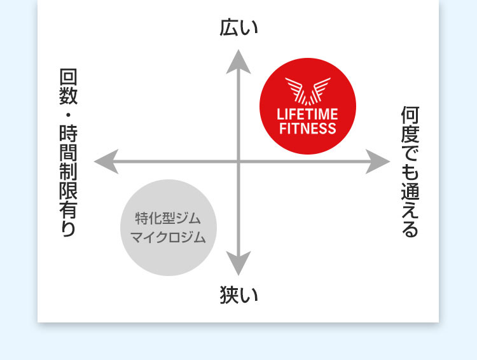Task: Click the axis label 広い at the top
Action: click(x=238, y=28)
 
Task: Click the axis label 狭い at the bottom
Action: click(x=238, y=295)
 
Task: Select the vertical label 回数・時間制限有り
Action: click(x=68, y=153)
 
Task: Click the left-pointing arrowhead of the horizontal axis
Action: click(x=106, y=162)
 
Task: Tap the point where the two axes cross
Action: click(x=238, y=162)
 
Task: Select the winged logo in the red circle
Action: click(x=308, y=90)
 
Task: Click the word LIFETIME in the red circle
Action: click(x=308, y=115)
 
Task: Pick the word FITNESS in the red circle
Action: click(x=308, y=129)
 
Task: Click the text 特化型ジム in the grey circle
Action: click(x=168, y=219)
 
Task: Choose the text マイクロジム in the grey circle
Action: click(x=168, y=239)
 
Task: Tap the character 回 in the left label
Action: click(x=68, y=78)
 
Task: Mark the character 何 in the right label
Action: click(x=410, y=115)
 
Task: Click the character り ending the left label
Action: click(x=68, y=228)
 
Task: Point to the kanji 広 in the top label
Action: click(x=230, y=28)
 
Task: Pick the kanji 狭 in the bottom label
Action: click(x=230, y=295)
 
